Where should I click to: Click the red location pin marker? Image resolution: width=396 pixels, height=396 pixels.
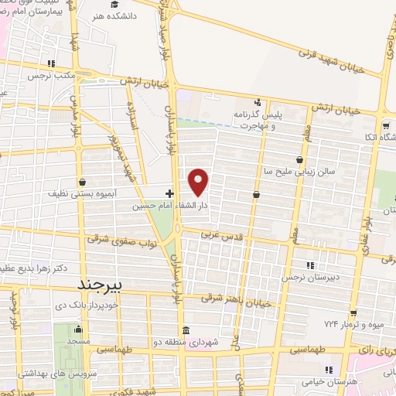point(200,182)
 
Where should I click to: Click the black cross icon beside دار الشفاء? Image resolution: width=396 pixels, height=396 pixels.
point(170,192)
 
